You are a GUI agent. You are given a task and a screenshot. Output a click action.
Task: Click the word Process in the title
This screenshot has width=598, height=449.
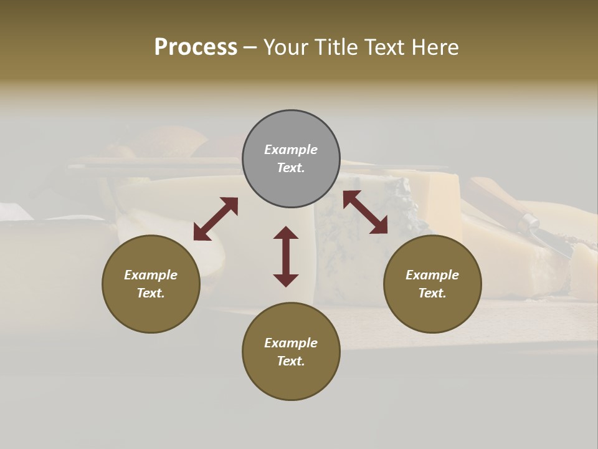coord(196,47)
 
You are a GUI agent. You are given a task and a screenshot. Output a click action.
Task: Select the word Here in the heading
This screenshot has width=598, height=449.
coord(433,47)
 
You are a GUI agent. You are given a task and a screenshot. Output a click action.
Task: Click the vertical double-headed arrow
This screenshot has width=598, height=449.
coord(286,256)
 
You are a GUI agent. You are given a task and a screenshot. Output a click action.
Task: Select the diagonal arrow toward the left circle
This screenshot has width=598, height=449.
coord(216,218)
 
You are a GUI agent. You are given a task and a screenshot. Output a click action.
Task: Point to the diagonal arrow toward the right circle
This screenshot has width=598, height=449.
coord(365,212)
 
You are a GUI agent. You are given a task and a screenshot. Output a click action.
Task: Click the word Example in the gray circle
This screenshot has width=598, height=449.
coord(291,150)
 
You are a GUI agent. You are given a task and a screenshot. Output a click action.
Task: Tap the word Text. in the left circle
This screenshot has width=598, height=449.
coord(151,293)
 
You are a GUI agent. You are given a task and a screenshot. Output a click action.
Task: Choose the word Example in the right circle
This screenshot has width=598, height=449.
coord(432,275)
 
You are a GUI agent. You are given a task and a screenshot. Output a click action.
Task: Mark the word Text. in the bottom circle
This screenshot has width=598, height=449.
coord(291,361)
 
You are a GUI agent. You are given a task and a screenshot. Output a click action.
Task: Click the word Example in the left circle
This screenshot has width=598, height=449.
coord(151,275)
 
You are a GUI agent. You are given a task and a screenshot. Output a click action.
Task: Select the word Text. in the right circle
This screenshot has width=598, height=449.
coord(432,293)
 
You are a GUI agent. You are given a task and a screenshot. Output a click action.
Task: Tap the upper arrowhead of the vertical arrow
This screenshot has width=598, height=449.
coord(286,233)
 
